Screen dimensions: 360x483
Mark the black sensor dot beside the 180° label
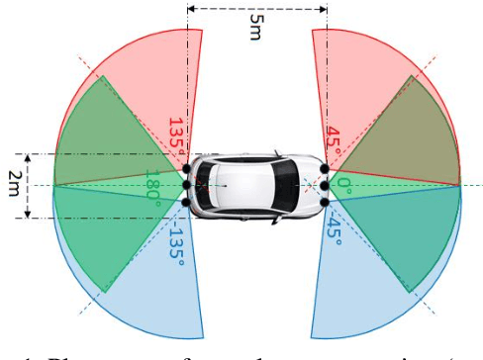coord(186,185)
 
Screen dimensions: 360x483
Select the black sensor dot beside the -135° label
coord(187,203)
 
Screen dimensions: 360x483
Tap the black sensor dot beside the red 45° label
coord(325,167)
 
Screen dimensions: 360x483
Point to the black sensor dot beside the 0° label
coord(325,185)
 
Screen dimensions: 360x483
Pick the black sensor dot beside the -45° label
coord(325,203)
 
